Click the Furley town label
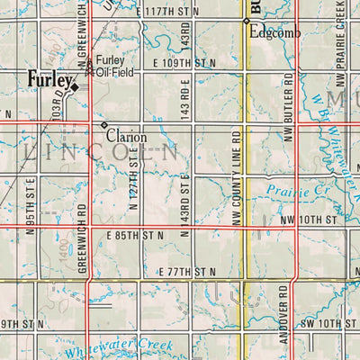pyautogui.click(x=47, y=78)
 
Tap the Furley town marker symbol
pyautogui.click(x=76, y=87)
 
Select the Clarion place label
pyautogui.click(x=126, y=137)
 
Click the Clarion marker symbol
pyautogui.click(x=104, y=124)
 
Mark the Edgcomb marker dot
pyautogui.click(x=246, y=21)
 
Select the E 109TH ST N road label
pyautogui.click(x=184, y=64)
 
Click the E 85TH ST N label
pyautogui.click(x=135, y=235)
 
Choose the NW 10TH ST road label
pyautogui.click(x=306, y=219)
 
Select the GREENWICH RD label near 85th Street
pyautogui.click(x=82, y=238)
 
